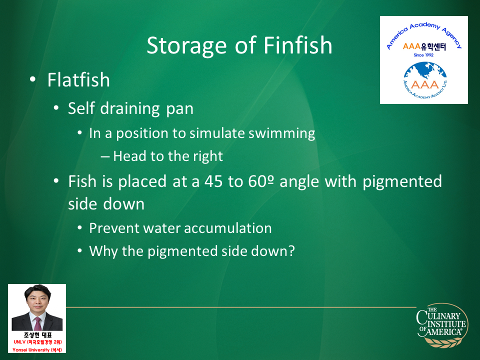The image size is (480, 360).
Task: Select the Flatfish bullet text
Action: [78, 80]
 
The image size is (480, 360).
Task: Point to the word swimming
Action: [281, 134]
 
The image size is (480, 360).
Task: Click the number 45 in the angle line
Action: [213, 181]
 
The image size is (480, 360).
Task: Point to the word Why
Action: [103, 251]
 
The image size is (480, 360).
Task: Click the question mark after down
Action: [291, 250]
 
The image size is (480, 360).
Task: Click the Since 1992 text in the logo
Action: [423, 55]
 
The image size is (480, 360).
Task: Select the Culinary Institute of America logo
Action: [442, 325]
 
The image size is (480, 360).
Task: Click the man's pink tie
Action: [37, 323]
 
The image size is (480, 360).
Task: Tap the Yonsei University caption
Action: [37, 349]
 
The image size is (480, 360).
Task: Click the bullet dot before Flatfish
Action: [33, 79]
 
